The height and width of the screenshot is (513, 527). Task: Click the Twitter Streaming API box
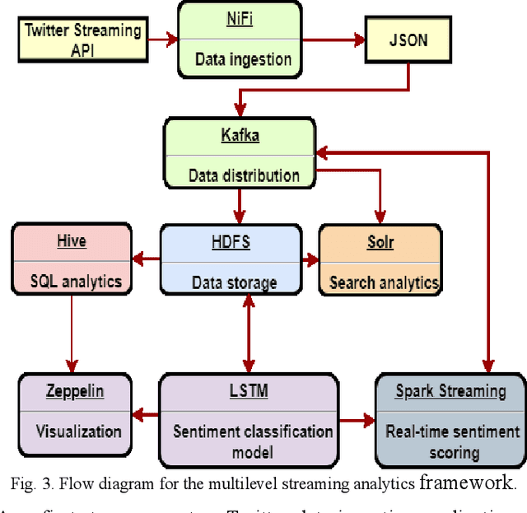pyautogui.click(x=84, y=39)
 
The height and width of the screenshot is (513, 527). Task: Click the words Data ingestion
pyautogui.click(x=243, y=58)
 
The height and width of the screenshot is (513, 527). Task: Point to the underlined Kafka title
pyautogui.click(x=240, y=135)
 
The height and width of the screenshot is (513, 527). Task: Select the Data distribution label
pyautogui.click(x=244, y=175)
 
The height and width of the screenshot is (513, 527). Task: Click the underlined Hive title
pyautogui.click(x=72, y=241)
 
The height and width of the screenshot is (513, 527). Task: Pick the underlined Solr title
pyautogui.click(x=380, y=242)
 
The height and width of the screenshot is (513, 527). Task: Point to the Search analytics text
pyautogui.click(x=383, y=282)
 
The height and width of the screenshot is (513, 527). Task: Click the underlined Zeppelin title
pyautogui.click(x=74, y=391)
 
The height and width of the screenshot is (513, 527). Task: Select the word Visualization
pyautogui.click(x=78, y=431)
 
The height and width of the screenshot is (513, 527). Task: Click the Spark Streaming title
pyautogui.click(x=450, y=391)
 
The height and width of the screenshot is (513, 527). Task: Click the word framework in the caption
pyautogui.click(x=467, y=483)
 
